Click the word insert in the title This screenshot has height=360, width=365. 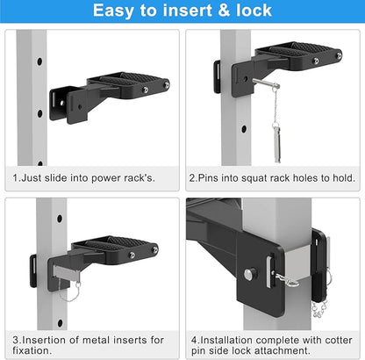coord(187,11)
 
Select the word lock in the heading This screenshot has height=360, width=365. coord(254,11)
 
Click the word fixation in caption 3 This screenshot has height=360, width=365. coord(31,350)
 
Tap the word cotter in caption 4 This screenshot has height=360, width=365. coord(339,340)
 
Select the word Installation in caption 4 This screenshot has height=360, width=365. coord(226,340)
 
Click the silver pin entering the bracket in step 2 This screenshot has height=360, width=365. coord(266,83)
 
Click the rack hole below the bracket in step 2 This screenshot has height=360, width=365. coord(244,129)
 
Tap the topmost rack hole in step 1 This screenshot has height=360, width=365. coord(39,61)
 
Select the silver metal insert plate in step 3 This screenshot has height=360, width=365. coord(67,271)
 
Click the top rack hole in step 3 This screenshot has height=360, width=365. coord(60,219)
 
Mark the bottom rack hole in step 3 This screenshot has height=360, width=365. coord(61,323)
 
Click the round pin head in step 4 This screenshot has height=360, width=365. coord(250,274)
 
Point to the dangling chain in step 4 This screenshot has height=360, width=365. coord(318,310)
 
